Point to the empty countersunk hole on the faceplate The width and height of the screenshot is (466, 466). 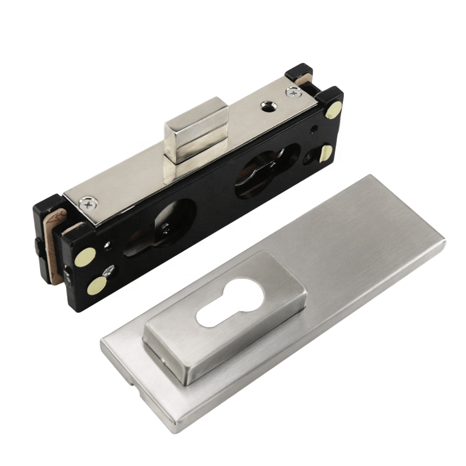click(267, 106)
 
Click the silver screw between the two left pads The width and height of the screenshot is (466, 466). click(109, 270)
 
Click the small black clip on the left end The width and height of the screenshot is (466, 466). click(38, 245)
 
